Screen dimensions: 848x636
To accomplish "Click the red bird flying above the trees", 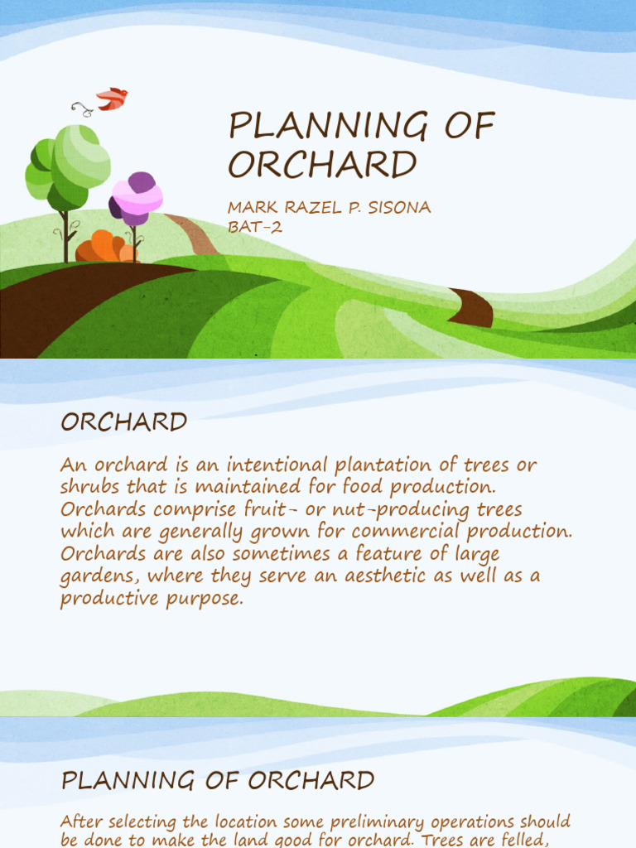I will click(112, 99).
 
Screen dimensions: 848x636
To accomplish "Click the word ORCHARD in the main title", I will click(322, 165).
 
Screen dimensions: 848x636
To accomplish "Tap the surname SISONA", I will click(395, 208).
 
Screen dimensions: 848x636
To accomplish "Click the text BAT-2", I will click(255, 227).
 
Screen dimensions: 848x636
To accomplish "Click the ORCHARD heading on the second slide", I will click(124, 422).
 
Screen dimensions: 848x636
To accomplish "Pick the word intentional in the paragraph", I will click(262, 465).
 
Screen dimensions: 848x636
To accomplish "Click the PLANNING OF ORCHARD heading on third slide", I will click(218, 780).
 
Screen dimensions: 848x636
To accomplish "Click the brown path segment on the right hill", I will click(473, 307).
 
